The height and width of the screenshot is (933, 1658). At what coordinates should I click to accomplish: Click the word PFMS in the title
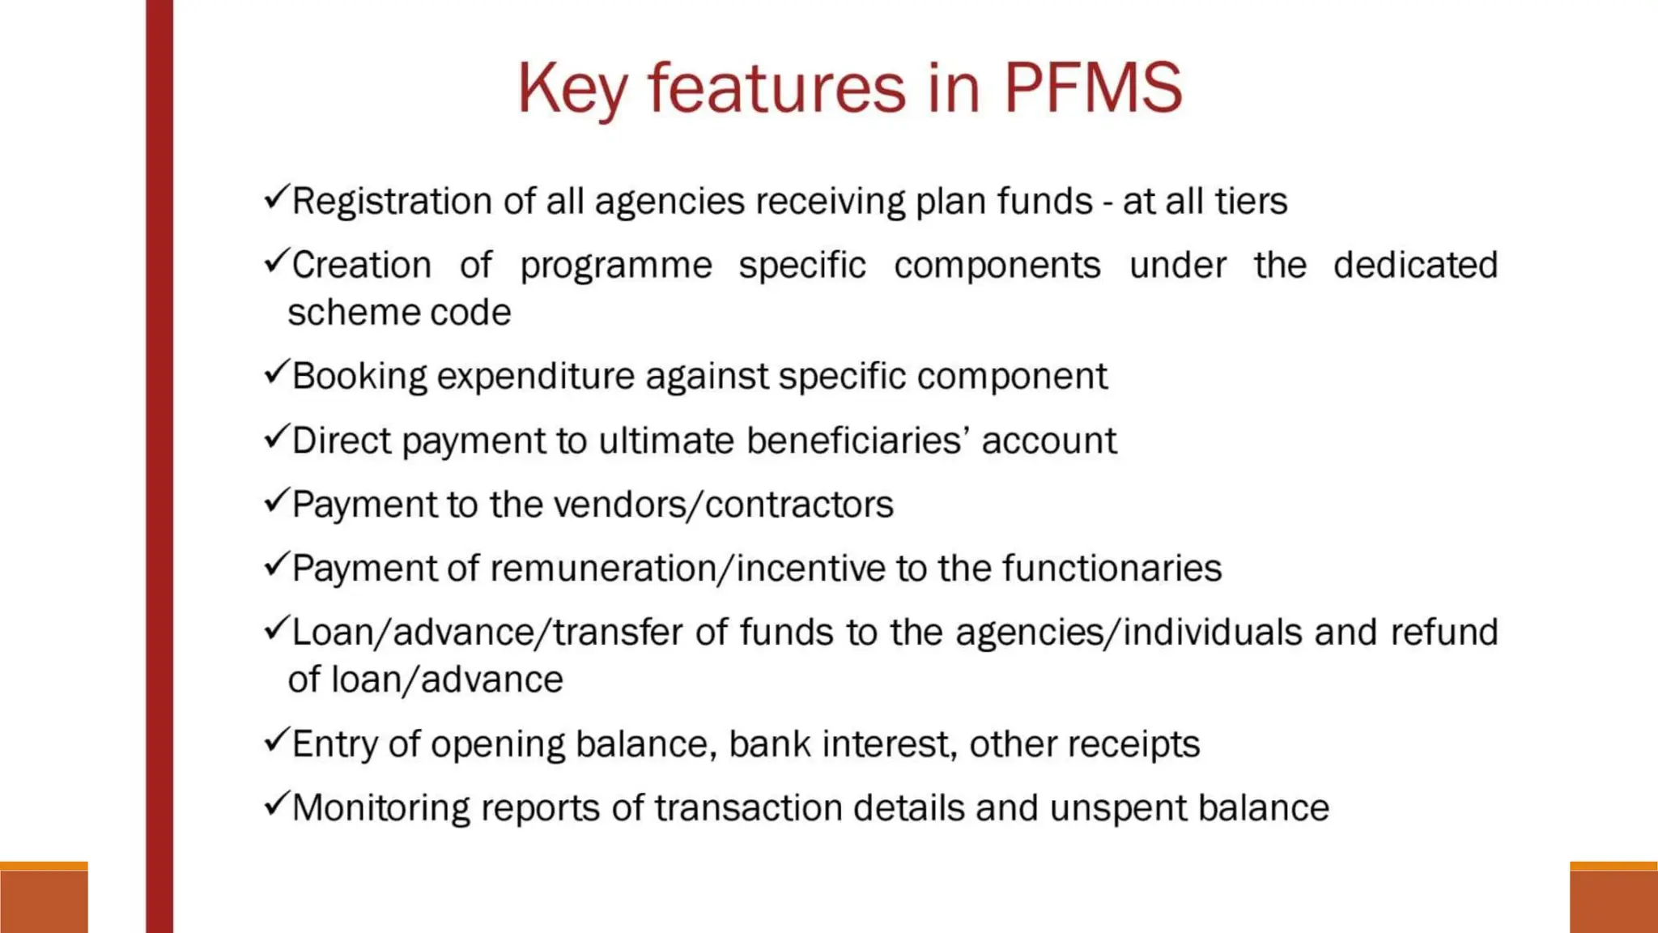(1093, 87)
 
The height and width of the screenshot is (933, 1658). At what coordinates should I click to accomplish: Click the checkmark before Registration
(276, 197)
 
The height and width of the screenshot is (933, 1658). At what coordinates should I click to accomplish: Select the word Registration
(392, 202)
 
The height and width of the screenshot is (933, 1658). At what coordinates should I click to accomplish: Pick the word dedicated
(1415, 265)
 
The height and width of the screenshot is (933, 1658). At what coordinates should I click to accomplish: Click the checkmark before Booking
(276, 372)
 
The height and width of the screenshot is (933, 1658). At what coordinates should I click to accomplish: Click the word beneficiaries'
(858, 441)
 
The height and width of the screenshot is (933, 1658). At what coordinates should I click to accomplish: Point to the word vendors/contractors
(723, 505)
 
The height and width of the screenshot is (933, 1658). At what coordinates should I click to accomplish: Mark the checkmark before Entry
(276, 739)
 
